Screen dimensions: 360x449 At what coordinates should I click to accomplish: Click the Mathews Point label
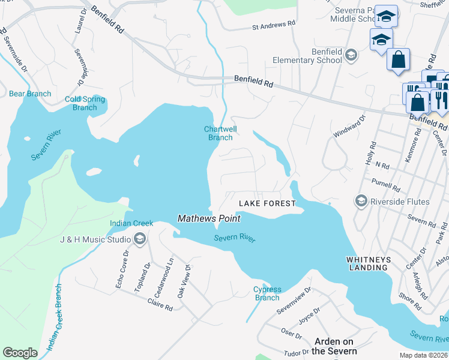(209, 219)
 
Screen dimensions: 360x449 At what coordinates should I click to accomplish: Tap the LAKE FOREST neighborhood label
(268, 203)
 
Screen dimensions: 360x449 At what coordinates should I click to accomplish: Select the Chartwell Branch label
(220, 133)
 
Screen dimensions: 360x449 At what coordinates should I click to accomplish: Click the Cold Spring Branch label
(85, 103)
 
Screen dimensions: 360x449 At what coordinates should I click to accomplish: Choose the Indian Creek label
(123, 224)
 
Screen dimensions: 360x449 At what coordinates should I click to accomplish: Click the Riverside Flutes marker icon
(361, 200)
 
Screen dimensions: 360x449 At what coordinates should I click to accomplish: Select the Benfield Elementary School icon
(351, 56)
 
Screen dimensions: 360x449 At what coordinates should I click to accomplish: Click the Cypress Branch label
(267, 293)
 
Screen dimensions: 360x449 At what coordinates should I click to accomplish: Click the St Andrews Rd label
(274, 26)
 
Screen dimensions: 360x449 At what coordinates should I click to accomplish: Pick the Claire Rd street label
(160, 305)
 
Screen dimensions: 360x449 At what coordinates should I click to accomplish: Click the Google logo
(20, 353)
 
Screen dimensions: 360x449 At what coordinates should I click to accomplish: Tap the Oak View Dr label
(182, 281)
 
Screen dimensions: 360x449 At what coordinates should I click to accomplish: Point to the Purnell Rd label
(386, 184)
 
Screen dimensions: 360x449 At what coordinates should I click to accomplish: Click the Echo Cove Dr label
(124, 274)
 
